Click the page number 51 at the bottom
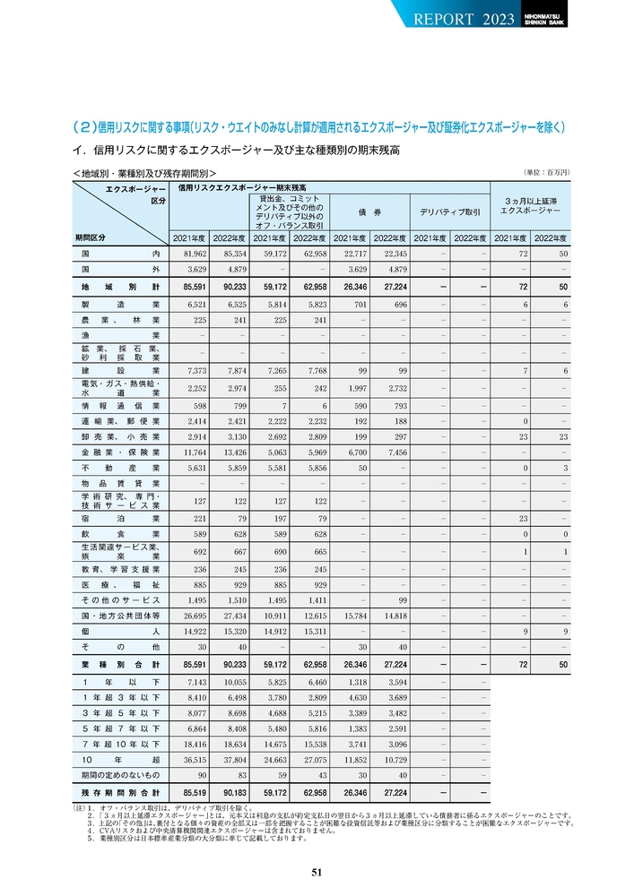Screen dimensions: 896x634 317,873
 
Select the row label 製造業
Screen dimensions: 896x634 119,306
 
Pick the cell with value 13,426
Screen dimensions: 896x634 231,453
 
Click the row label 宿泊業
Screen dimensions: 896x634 119,518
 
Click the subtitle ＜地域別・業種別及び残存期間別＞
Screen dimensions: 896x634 144,173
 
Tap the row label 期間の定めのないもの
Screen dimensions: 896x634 119,774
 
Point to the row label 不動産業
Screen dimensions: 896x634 119,468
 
